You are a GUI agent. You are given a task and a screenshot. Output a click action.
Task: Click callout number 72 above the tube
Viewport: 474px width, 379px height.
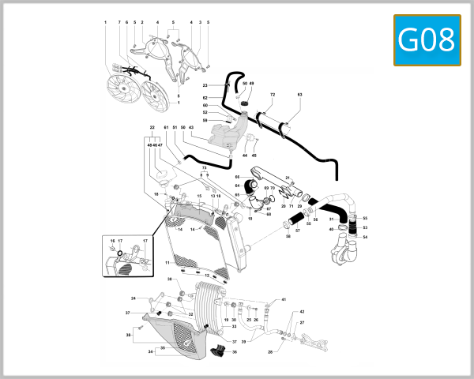pos(271,95)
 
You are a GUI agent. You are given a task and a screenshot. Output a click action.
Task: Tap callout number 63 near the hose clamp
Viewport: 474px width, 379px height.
pos(299,95)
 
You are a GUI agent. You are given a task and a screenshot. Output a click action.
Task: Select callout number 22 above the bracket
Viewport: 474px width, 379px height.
pos(152,127)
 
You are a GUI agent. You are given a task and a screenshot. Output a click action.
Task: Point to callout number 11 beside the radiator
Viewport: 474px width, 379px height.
pos(167,262)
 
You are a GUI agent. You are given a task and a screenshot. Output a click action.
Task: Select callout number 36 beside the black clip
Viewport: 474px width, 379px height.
pos(234,351)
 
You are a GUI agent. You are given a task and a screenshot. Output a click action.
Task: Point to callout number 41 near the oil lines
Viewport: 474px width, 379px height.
pos(284,300)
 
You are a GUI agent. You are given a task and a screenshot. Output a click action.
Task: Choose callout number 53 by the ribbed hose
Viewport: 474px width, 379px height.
pos(365,227)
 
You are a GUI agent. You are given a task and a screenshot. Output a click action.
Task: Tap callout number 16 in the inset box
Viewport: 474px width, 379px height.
pos(112,240)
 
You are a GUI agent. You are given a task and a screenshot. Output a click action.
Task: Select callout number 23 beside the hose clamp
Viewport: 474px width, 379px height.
pos(205,85)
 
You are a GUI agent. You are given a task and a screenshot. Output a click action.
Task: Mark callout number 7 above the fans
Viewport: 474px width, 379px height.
pos(119,22)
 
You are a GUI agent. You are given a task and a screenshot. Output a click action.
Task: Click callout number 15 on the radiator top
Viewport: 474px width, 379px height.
pos(200,196)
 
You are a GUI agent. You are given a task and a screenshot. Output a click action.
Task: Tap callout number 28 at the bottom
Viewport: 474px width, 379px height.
pos(270,352)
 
